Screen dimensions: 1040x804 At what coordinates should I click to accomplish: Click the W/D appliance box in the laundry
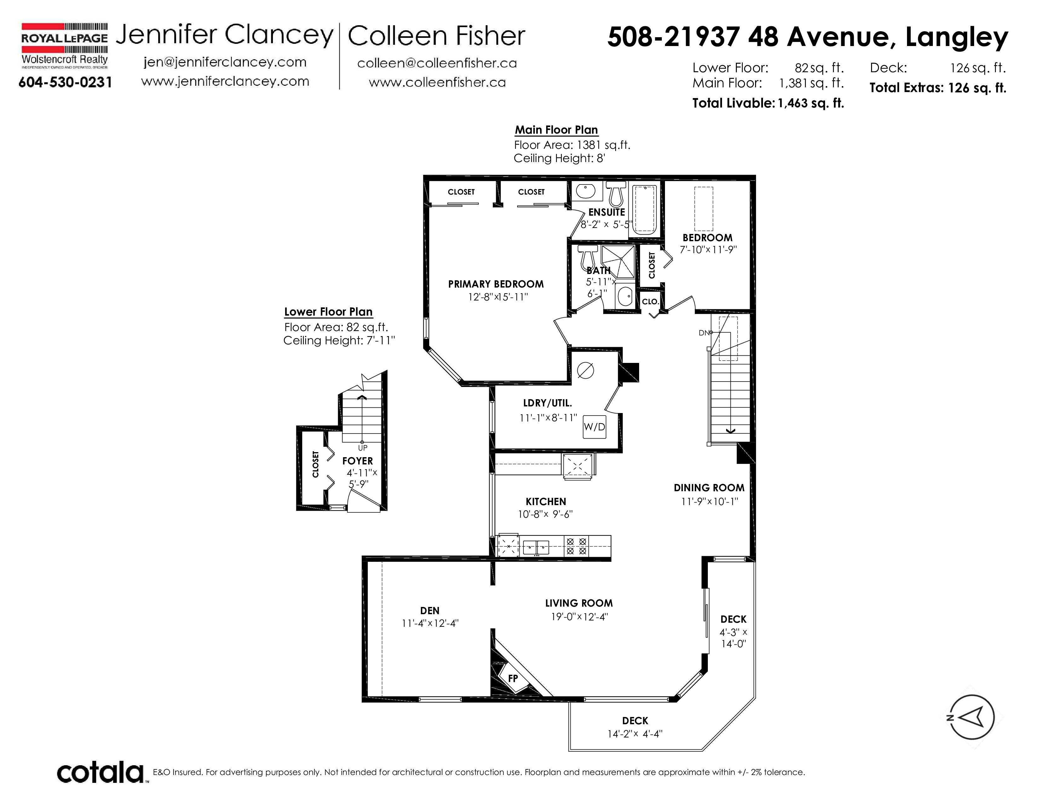594,427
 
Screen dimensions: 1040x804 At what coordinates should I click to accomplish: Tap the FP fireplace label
513,678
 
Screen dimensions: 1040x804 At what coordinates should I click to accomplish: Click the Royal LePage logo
64,46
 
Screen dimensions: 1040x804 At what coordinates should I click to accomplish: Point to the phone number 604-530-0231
65,82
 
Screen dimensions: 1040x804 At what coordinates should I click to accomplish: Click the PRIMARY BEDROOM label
496,284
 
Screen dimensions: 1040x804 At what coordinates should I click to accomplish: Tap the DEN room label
430,611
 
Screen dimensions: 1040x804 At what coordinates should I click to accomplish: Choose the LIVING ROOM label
579,603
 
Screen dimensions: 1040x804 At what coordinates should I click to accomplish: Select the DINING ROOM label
709,488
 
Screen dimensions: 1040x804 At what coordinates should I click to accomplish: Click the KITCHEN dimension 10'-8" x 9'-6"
545,514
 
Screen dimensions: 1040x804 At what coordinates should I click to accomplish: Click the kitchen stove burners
576,546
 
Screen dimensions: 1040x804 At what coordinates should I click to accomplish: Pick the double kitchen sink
536,547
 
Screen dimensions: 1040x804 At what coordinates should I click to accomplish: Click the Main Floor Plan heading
556,130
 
